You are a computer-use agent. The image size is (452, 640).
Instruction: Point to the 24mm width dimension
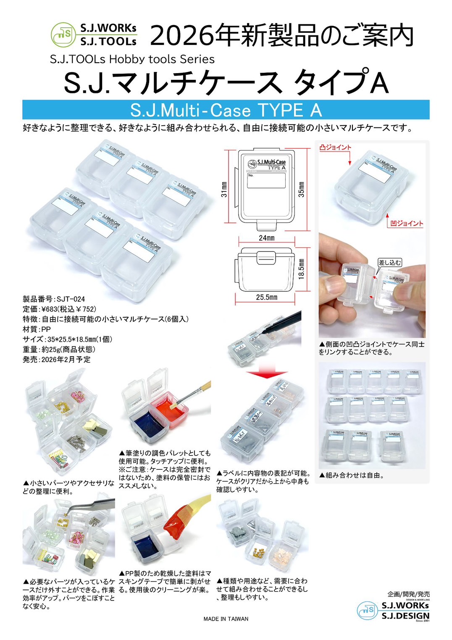[266, 238]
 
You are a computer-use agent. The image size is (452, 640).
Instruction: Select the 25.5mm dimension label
[266, 297]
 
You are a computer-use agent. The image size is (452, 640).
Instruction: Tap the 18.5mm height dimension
[301, 269]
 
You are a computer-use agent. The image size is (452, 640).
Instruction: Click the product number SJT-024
[71, 299]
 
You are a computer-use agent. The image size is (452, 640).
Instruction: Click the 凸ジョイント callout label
[335, 147]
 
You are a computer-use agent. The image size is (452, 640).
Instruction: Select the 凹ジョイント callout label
[407, 223]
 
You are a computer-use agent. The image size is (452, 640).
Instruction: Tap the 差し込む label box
[389, 262]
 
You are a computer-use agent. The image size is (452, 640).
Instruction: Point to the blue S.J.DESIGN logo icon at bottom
[368, 610]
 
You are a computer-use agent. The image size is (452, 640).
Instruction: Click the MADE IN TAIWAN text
[226, 619]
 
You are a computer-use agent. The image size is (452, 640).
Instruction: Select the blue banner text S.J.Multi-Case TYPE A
[226, 110]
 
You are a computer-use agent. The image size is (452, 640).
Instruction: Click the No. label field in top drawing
[266, 180]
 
